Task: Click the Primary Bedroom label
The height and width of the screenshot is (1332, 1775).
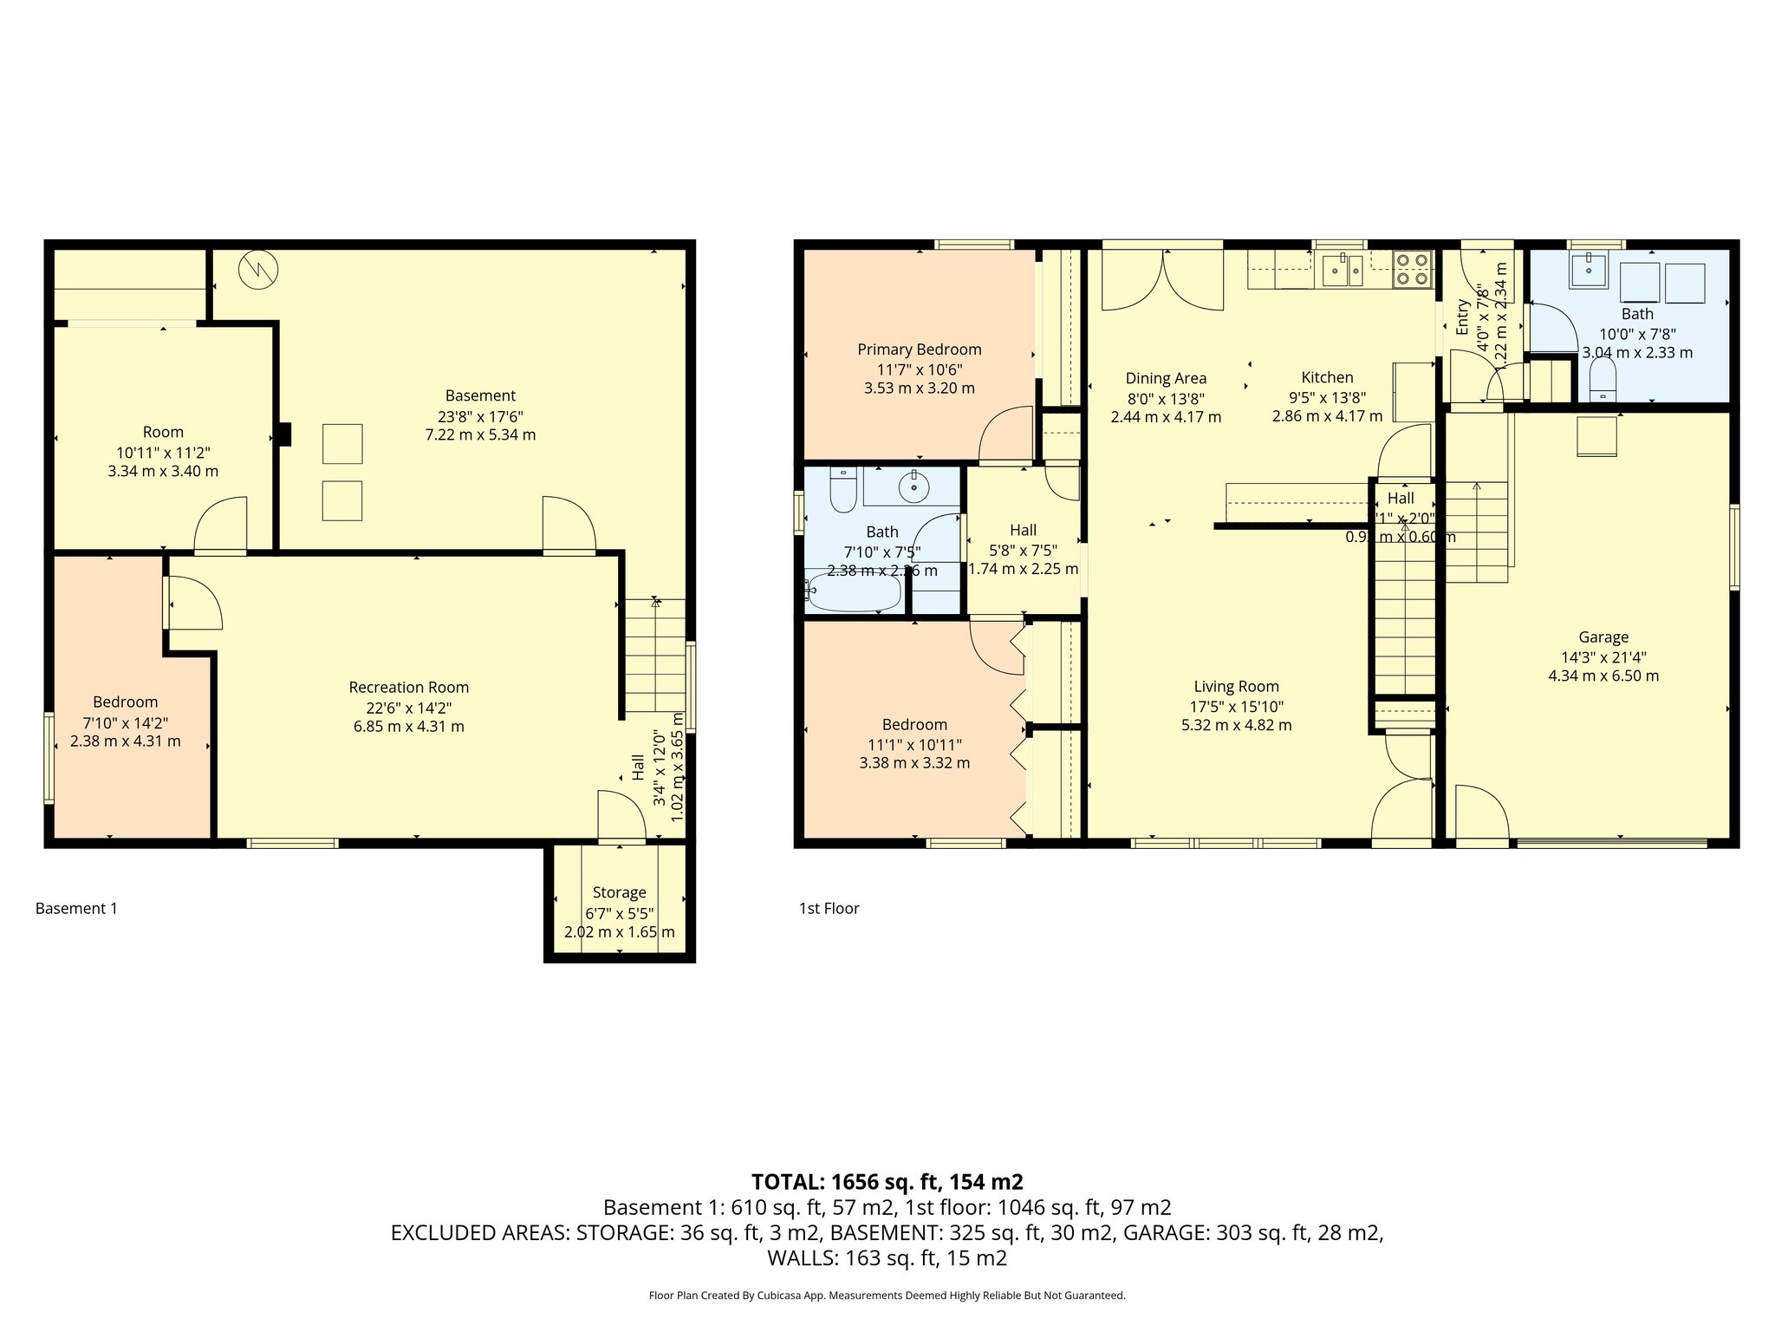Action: pyautogui.click(x=919, y=349)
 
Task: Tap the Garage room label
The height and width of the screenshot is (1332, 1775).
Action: pyautogui.click(x=1603, y=637)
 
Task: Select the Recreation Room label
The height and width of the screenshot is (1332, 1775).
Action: pyautogui.click(x=408, y=687)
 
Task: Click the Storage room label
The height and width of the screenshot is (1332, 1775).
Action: pyautogui.click(x=619, y=892)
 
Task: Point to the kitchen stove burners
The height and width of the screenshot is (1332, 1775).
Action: pyautogui.click(x=1412, y=269)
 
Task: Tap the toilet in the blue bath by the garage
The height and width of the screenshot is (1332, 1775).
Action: pyautogui.click(x=1603, y=380)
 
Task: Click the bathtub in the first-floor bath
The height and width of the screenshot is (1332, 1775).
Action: pyautogui.click(x=855, y=591)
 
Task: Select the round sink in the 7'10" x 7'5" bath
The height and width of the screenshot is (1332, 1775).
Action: pyautogui.click(x=914, y=486)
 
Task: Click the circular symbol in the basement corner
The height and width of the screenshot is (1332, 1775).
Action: pyautogui.click(x=258, y=270)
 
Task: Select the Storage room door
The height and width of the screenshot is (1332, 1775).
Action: pyautogui.click(x=621, y=817)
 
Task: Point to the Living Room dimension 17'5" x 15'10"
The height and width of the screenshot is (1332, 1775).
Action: pyautogui.click(x=1236, y=706)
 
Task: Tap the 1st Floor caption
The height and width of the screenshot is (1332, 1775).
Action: pyautogui.click(x=829, y=908)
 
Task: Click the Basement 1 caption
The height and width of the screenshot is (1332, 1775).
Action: pyautogui.click(x=76, y=908)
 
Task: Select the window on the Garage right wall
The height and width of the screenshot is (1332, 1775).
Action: pyautogui.click(x=1734, y=548)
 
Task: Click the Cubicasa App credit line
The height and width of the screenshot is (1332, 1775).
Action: pyautogui.click(x=887, y=1296)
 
